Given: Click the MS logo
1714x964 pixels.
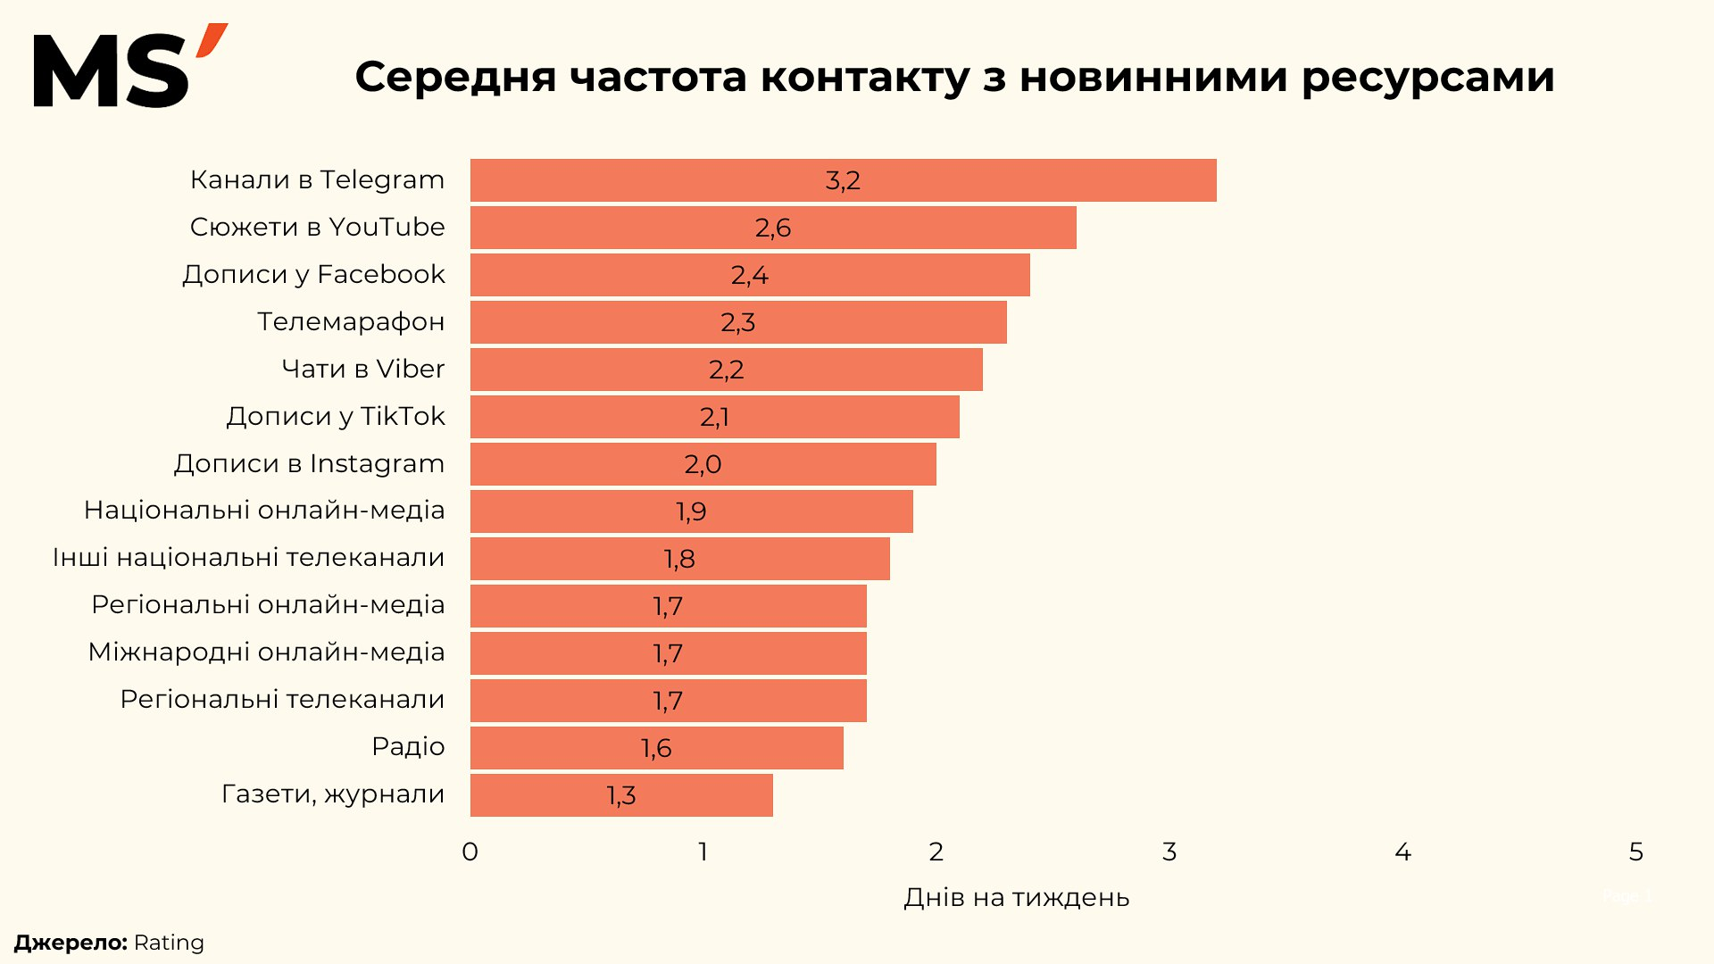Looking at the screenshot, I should pos(129,67).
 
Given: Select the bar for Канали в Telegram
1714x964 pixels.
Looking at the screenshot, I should pos(843,180).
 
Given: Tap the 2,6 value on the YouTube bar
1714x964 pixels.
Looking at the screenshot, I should pos(773,228).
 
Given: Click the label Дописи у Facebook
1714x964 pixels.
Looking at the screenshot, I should pos(313,274).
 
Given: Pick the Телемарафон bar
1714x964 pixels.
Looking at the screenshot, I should pos(738,322).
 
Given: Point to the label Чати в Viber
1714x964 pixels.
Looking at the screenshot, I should pos(362,369).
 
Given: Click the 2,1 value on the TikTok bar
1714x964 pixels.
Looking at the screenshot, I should pos(714,417).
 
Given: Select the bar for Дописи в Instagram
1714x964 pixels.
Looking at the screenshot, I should pos(703,464).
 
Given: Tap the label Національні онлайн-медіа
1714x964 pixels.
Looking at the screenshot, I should pos(264,510).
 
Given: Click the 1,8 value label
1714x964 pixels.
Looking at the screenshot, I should pos(679,559).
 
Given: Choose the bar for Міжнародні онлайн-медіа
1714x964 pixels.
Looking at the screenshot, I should pos(668,653).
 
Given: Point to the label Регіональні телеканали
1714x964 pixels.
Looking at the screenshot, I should pos(282,699).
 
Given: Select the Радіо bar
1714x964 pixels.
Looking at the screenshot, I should pos(656,748).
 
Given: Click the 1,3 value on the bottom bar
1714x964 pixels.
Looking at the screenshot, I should pos(621,795).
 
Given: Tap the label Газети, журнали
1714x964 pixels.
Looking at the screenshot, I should pos(333,794).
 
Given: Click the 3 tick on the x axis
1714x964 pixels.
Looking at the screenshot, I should pos(1169,852).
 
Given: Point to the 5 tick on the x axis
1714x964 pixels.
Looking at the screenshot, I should pos(1635,852).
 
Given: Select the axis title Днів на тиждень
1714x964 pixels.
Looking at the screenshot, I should pos(1016,897).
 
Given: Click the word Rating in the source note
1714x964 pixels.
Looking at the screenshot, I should pos(169,943).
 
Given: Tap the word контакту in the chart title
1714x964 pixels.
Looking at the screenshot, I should pos(864,77).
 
